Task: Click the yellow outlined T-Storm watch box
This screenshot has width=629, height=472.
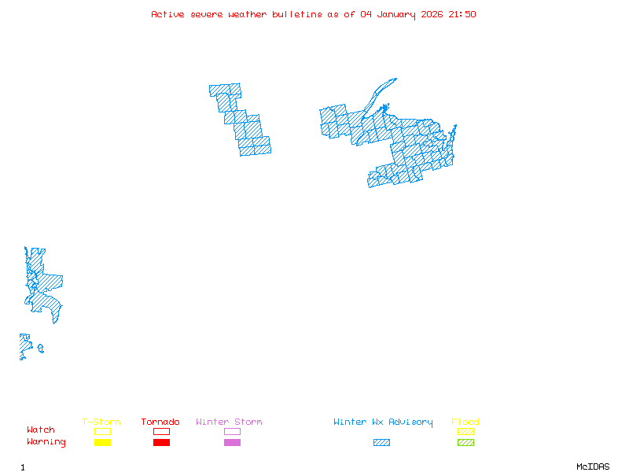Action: coord(102,431)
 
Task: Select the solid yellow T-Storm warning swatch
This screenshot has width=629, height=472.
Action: coord(102,442)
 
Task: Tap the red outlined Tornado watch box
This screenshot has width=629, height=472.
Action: coord(161,431)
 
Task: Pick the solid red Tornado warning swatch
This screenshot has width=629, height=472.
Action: coord(161,442)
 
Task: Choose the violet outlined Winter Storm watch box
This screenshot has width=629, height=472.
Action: coord(232,431)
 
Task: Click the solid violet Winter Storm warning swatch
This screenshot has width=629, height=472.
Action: coord(232,442)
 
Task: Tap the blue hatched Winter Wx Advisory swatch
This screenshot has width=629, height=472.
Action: coord(381,442)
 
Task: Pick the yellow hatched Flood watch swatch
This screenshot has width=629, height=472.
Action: coord(465,431)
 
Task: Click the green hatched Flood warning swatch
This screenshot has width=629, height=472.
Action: coord(465,442)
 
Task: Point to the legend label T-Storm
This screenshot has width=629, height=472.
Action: coord(101,422)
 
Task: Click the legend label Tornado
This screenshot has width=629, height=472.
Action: coord(160,422)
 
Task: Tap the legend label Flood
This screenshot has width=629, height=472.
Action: coord(465,422)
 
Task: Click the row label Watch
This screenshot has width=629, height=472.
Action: coord(41,430)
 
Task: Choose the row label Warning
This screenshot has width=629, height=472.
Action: coord(46,442)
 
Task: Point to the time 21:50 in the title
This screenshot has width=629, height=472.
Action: coord(462,14)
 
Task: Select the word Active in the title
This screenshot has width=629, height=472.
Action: coord(167,14)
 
